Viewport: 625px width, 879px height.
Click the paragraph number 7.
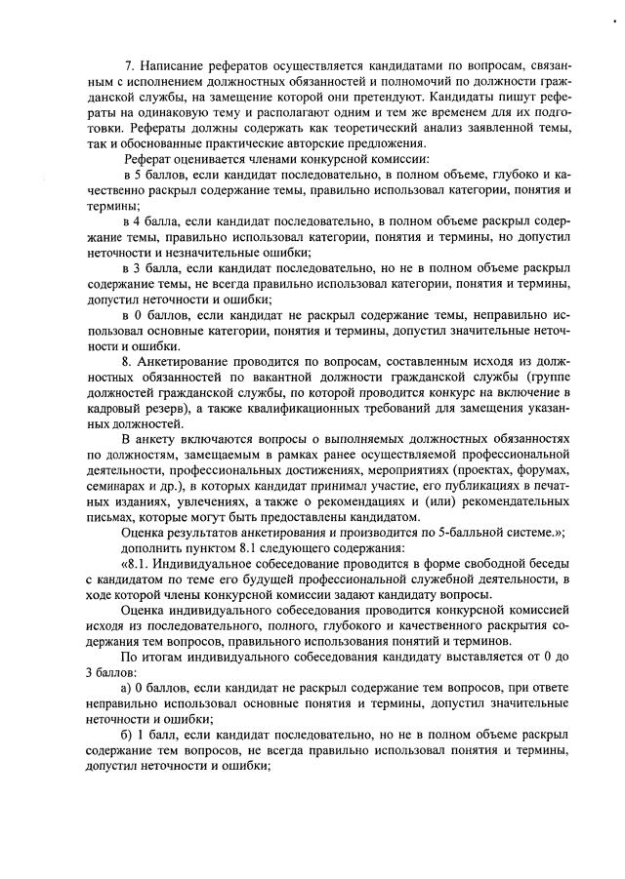[130, 64]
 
